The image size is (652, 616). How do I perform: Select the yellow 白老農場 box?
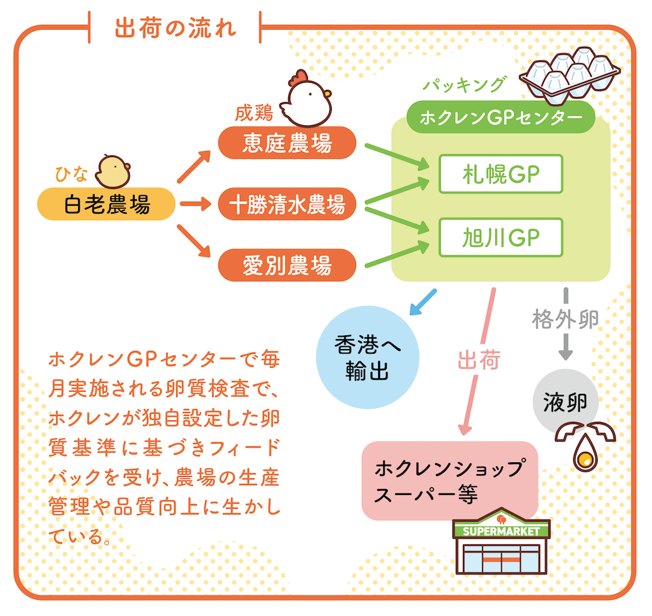pos(107,204)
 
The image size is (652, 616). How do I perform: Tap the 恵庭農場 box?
pos(287,143)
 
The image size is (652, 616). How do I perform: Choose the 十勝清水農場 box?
pos(287,204)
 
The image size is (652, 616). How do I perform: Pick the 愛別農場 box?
pos(287,266)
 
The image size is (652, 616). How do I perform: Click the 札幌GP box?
pos(501,174)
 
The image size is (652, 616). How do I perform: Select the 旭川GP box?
pos(501,238)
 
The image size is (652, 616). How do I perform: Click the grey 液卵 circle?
pos(565,402)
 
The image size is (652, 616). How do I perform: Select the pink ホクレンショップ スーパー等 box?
pos(449,481)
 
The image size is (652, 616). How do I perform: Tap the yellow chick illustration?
pos(112,171)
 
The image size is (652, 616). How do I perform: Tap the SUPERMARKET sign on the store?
pos(501,531)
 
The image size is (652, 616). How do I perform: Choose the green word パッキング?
pos(463,85)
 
